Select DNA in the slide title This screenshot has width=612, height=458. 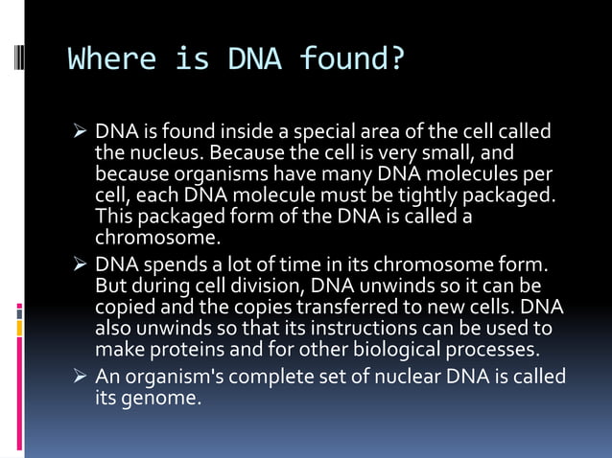254,60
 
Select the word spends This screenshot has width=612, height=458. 162,265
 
